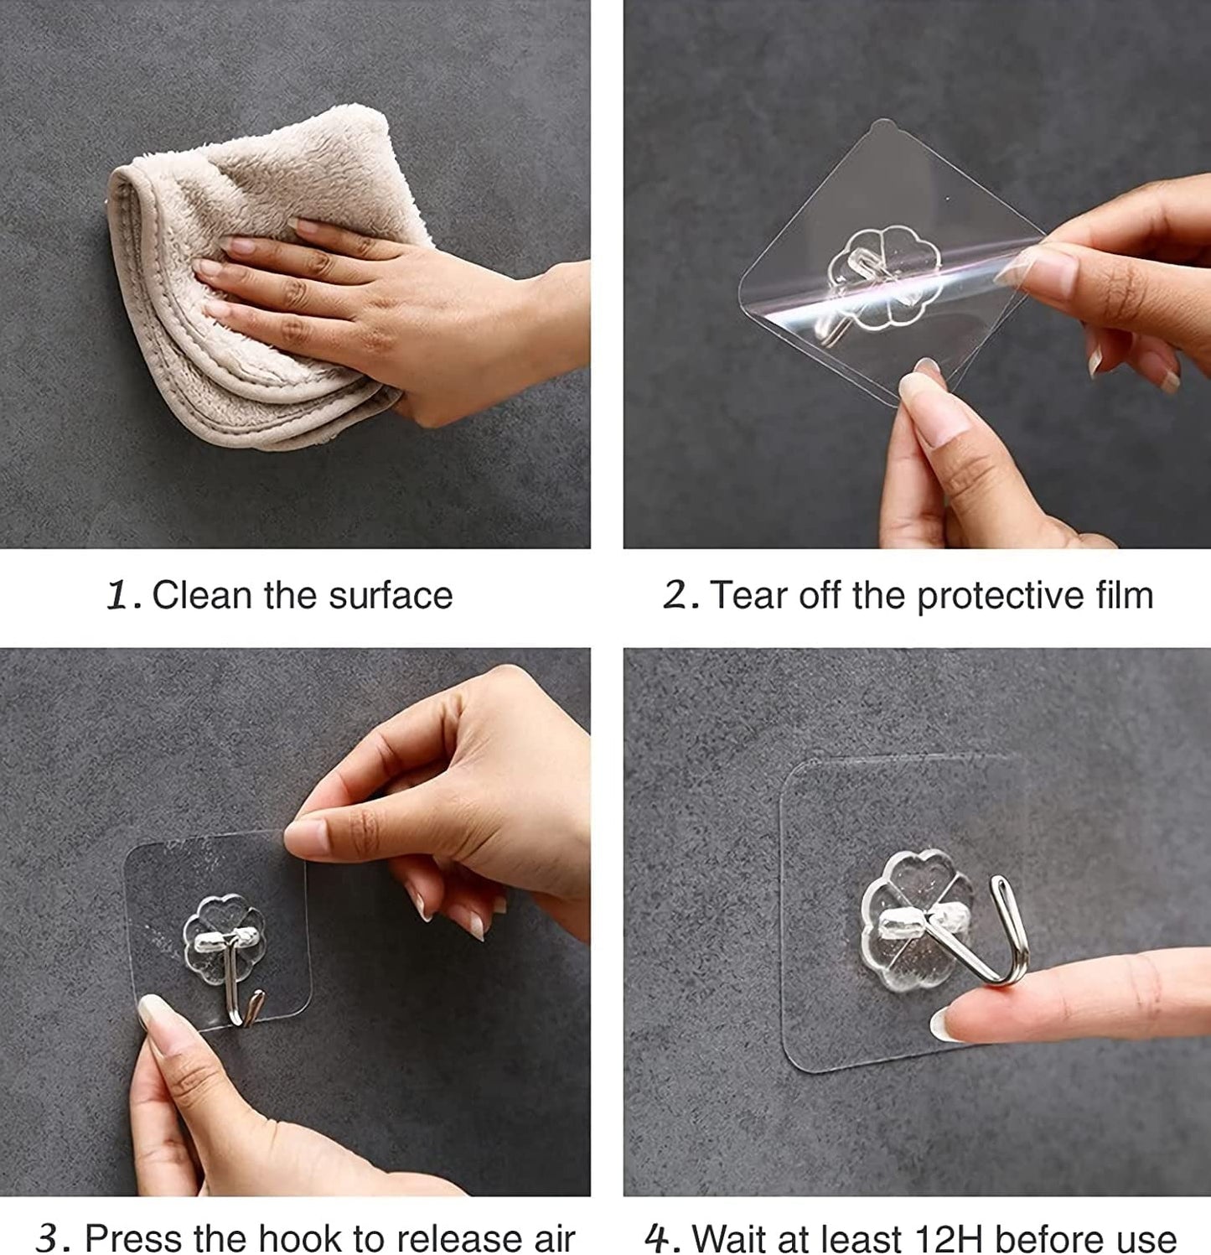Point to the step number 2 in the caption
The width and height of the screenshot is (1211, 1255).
(x=678, y=597)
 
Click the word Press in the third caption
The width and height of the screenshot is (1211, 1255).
(x=134, y=1238)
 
